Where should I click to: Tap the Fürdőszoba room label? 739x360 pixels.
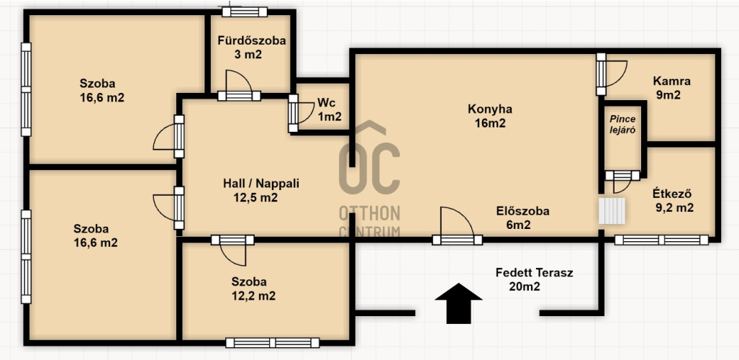coord(252,48)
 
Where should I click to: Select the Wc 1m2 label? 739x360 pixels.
coord(329,109)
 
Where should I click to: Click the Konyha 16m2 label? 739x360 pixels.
coord(490,116)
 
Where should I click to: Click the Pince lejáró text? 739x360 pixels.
coord(622,125)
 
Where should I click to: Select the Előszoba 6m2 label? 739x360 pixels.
coord(522,218)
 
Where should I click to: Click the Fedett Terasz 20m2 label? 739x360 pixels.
coord(534,279)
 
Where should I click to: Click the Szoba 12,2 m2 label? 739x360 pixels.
coord(253,289)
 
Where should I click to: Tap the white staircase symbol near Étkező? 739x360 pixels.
coord(612,211)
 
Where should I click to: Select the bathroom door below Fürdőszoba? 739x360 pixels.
coord(239,86)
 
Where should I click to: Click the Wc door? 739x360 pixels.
coord(301,113)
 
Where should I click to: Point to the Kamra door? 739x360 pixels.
coord(612,74)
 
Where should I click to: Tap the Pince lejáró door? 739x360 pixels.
coord(622,181)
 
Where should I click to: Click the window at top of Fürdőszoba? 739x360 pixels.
coord(245,12)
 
